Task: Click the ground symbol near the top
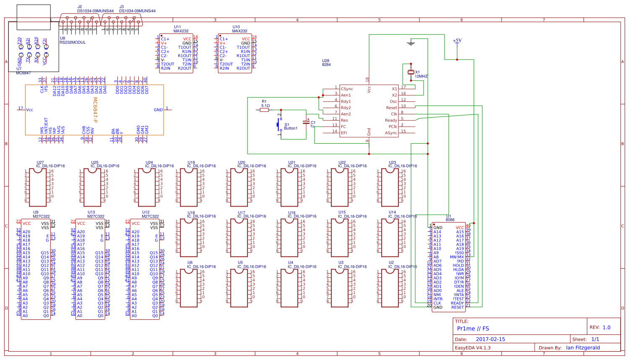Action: pyautogui.click(x=411, y=43)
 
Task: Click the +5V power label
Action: pyautogui.click(x=457, y=41)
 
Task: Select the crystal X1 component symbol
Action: pyautogui.click(x=411, y=73)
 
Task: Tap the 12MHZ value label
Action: pyautogui.click(x=421, y=77)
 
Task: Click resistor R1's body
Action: pyautogui.click(x=265, y=110)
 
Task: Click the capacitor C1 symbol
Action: pyautogui.click(x=307, y=122)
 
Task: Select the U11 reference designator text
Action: pyautogui.click(x=177, y=27)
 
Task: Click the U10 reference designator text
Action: pyautogui.click(x=236, y=27)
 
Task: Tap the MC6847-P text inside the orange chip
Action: pyautogui.click(x=95, y=110)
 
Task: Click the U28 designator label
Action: pyautogui.click(x=325, y=61)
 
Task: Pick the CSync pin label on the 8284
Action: pyautogui.click(x=347, y=89)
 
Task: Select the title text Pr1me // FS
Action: pyautogui.click(x=473, y=329)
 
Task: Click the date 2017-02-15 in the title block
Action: pyautogui.click(x=490, y=339)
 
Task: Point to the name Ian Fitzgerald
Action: pyautogui.click(x=583, y=348)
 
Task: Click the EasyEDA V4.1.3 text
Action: pyautogui.click(x=473, y=348)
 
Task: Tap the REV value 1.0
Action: pyautogui.click(x=606, y=328)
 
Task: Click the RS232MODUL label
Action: pyautogui.click(x=73, y=42)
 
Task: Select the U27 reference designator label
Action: pyautogui.click(x=40, y=162)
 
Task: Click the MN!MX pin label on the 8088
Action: pyautogui.click(x=457, y=257)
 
